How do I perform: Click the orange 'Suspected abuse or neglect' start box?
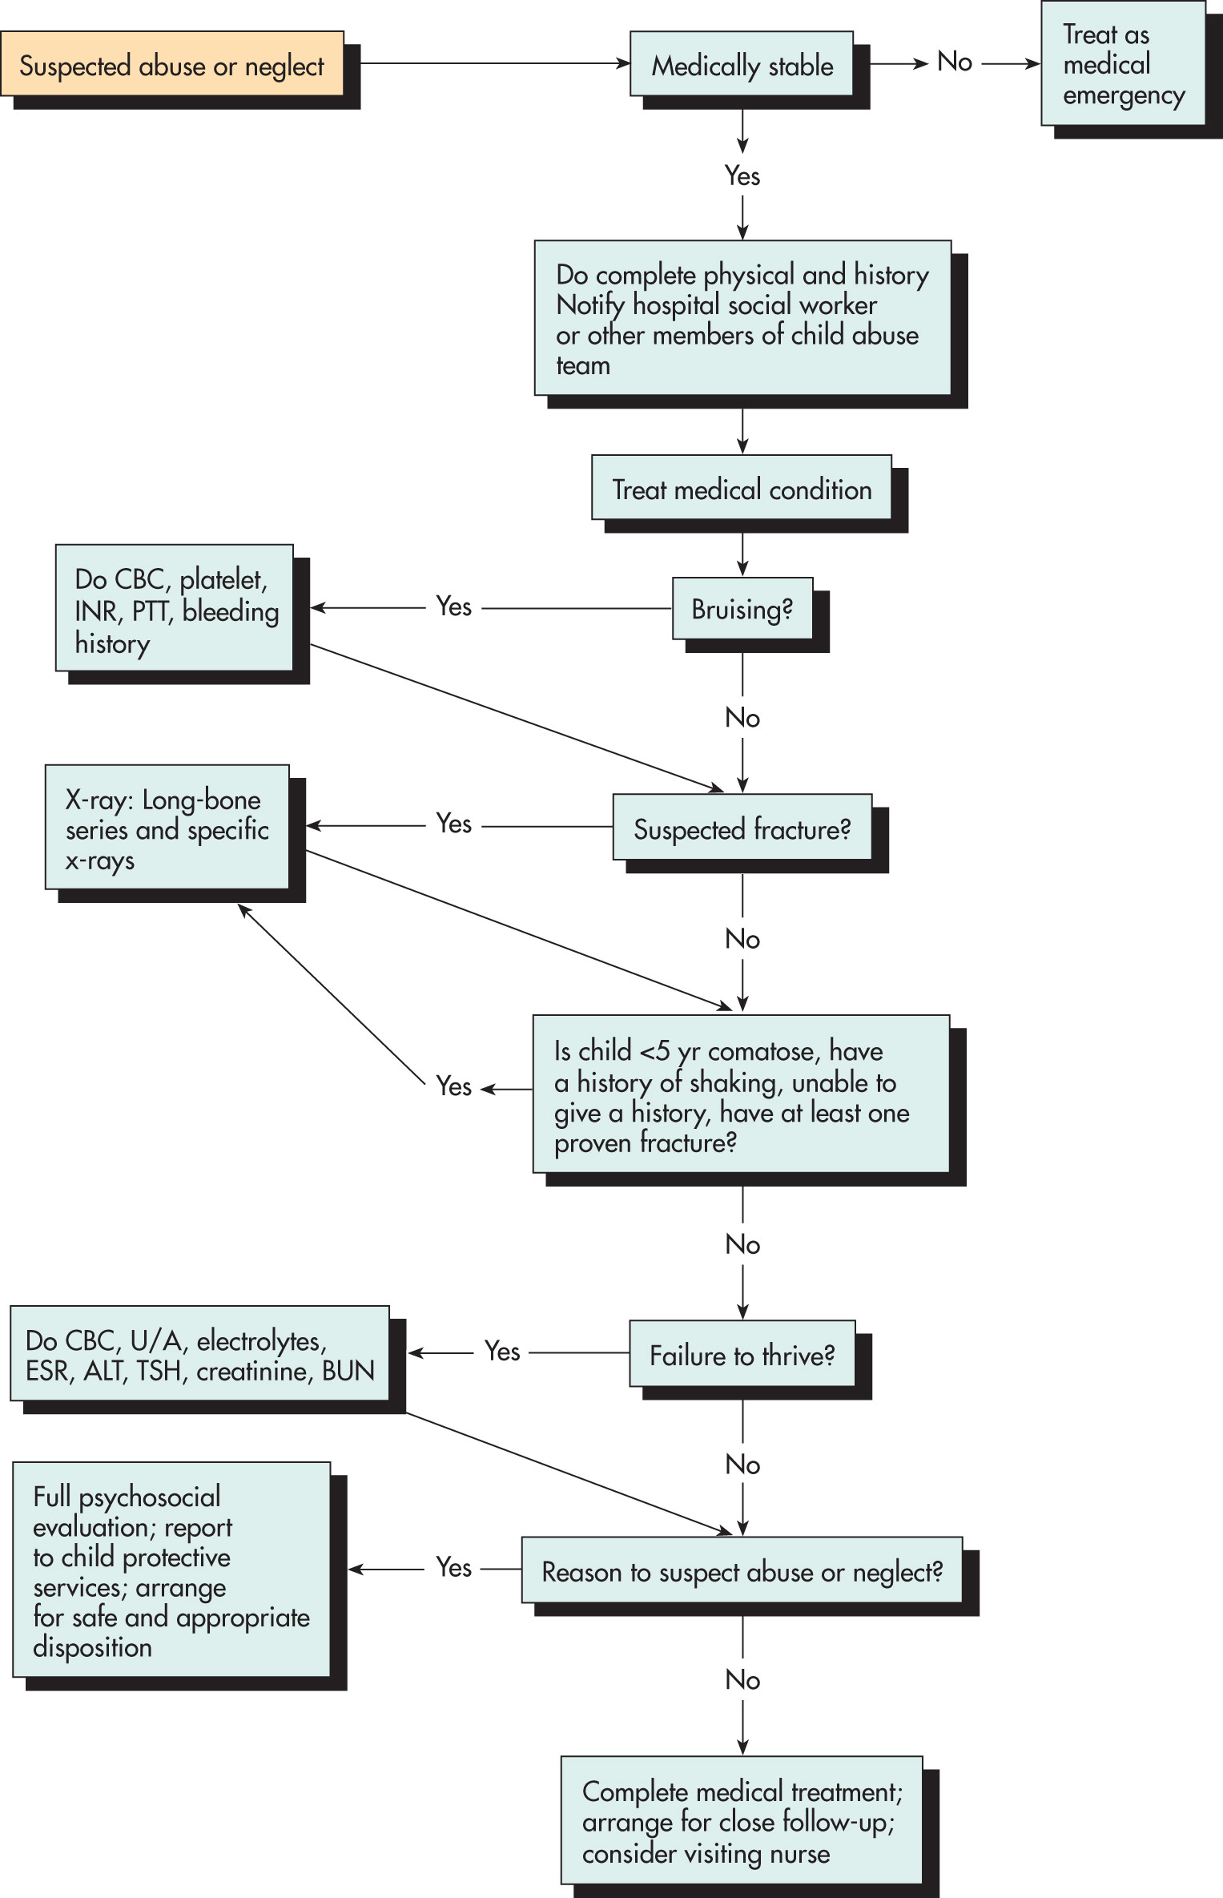(x=172, y=64)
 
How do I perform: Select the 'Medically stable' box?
(x=742, y=64)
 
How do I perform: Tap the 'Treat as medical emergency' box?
(x=1123, y=63)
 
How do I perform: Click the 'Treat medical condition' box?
(x=742, y=488)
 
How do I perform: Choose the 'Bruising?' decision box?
(x=742, y=608)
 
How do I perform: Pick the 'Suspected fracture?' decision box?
(x=742, y=828)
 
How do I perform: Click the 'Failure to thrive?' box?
(x=742, y=1354)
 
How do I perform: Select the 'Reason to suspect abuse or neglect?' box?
(x=742, y=1570)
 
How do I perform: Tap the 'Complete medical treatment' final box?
(x=742, y=1820)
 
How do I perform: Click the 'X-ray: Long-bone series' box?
(x=167, y=827)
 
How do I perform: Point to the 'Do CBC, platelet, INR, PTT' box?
(x=175, y=608)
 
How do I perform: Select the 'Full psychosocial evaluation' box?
(x=171, y=1569)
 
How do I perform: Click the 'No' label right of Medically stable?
(x=955, y=62)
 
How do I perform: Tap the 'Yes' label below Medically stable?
(x=742, y=175)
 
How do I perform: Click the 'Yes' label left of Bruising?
(x=454, y=606)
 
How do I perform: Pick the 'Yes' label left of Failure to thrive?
(x=502, y=1352)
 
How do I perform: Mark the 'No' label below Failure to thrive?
(x=742, y=1465)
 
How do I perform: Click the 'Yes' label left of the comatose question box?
(x=454, y=1086)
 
